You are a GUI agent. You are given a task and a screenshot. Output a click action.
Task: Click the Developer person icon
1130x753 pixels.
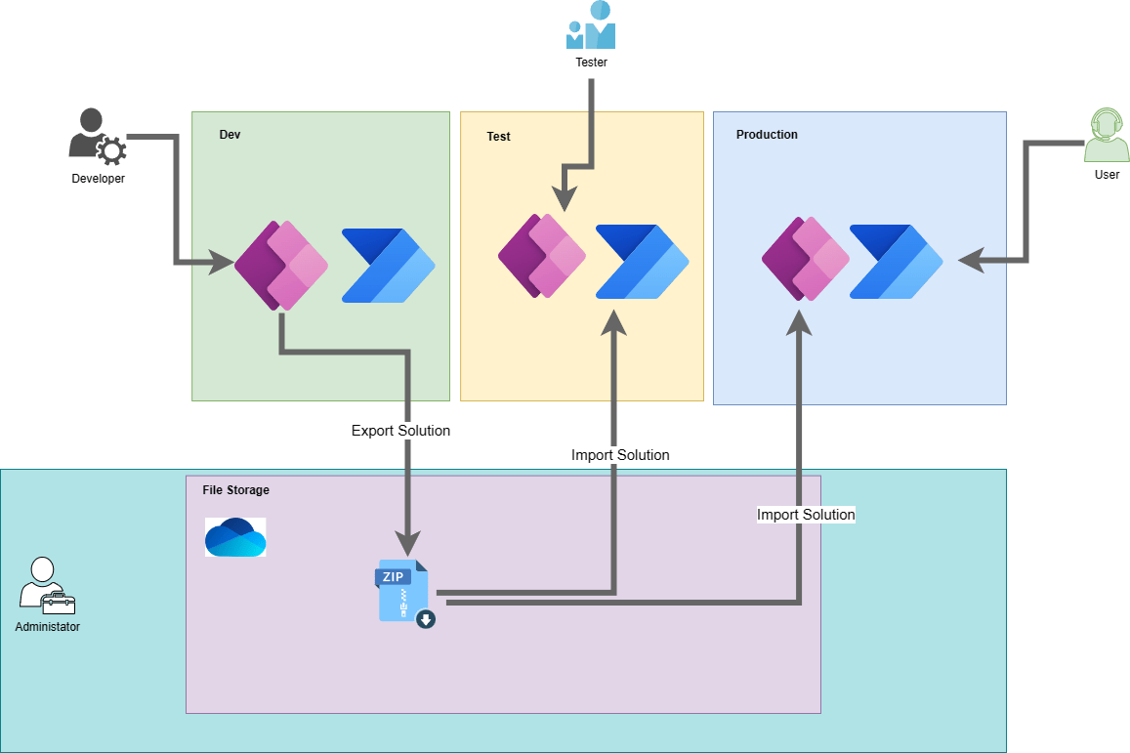pyautogui.click(x=98, y=138)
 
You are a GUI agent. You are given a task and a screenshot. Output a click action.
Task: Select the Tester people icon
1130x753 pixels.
pyautogui.click(x=591, y=25)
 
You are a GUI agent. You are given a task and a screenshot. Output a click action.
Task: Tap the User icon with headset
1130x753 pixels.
pyautogui.click(x=1107, y=137)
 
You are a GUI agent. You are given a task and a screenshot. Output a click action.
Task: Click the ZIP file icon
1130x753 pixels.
pyautogui.click(x=404, y=592)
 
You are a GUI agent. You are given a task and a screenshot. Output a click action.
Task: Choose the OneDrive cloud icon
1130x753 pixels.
pyautogui.click(x=235, y=537)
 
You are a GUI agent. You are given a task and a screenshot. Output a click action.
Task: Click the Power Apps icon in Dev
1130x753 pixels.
pyautogui.click(x=280, y=266)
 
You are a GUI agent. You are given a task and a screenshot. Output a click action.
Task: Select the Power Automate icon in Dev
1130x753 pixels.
pyautogui.click(x=388, y=266)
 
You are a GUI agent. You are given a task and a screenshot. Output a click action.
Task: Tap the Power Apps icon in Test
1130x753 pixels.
pyautogui.click(x=542, y=256)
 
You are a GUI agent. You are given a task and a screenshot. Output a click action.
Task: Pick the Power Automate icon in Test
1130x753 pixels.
pyautogui.click(x=642, y=261)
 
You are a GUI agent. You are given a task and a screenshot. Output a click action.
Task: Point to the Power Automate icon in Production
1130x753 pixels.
pyautogui.click(x=896, y=261)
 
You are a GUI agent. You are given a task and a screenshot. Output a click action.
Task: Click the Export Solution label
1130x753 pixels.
pyautogui.click(x=400, y=431)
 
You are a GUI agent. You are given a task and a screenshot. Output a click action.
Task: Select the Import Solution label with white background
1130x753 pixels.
pyautogui.click(x=806, y=515)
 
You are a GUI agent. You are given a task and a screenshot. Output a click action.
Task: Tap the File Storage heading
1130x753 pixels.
pyautogui.click(x=235, y=490)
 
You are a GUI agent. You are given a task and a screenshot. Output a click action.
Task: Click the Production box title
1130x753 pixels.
pyautogui.click(x=767, y=135)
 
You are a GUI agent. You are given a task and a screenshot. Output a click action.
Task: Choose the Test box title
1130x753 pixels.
pyautogui.click(x=498, y=137)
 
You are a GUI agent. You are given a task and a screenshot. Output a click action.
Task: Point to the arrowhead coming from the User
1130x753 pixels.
pyautogui.click(x=970, y=261)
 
